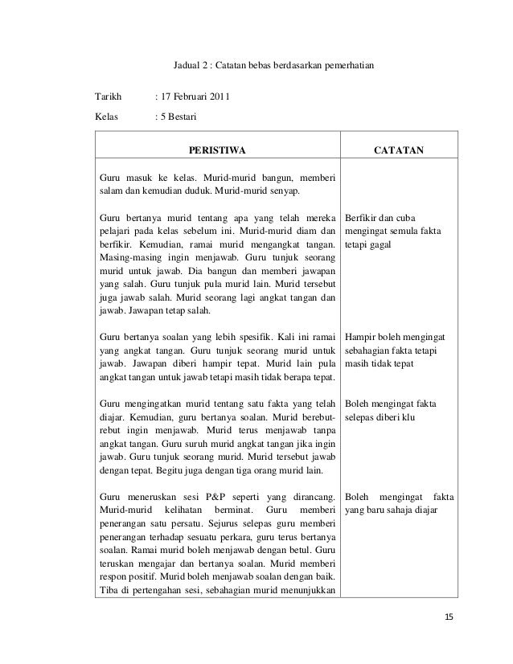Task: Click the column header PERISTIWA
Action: point(216,149)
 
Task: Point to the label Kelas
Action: point(106,117)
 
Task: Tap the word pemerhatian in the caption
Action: point(345,64)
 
